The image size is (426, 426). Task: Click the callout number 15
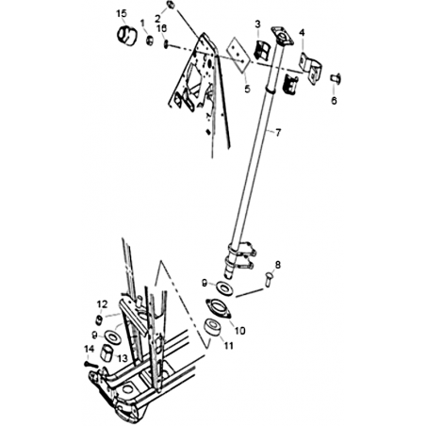(x=122, y=14)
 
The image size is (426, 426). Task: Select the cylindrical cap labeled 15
(x=127, y=36)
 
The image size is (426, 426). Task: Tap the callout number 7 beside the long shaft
(x=278, y=133)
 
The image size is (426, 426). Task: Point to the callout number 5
(x=248, y=89)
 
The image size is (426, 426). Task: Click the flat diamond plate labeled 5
(x=239, y=56)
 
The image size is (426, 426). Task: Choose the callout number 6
(x=334, y=101)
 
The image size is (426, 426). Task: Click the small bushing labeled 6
(x=336, y=77)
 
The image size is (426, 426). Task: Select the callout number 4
(x=302, y=32)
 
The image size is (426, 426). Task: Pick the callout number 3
(x=257, y=24)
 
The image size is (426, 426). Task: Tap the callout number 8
(x=278, y=265)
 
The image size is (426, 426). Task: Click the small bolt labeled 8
(x=268, y=279)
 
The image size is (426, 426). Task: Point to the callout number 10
(x=239, y=331)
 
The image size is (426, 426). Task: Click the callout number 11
(x=228, y=346)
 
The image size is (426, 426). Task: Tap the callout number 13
(x=123, y=358)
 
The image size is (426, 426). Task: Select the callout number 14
(x=89, y=349)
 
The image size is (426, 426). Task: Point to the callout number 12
(x=102, y=304)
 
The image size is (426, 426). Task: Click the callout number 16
(x=162, y=28)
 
